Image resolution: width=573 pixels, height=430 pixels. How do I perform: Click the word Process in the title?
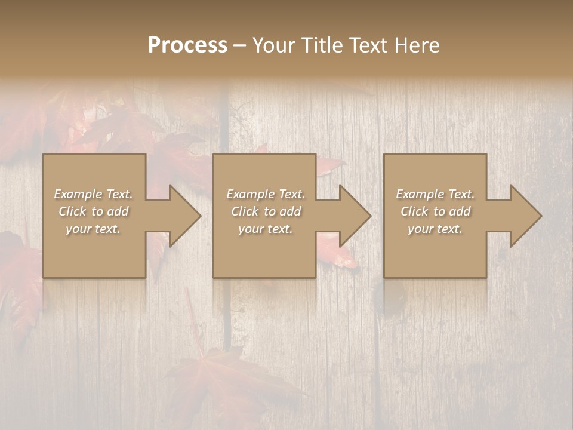(x=187, y=45)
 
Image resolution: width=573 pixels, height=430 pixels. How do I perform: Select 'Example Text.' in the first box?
(x=93, y=194)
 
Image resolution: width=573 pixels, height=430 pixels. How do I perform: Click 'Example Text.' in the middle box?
(x=266, y=194)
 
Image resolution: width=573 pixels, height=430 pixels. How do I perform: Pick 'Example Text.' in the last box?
(x=435, y=194)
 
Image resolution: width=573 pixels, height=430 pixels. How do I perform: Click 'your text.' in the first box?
(x=93, y=229)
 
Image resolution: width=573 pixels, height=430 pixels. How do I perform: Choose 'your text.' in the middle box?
(x=266, y=229)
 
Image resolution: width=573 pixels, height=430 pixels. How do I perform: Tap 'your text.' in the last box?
(x=435, y=229)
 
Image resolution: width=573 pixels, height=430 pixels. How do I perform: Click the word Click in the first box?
(x=72, y=211)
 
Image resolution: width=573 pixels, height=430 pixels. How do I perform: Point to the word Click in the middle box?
(x=245, y=211)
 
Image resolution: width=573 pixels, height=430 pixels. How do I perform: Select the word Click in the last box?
(x=414, y=211)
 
